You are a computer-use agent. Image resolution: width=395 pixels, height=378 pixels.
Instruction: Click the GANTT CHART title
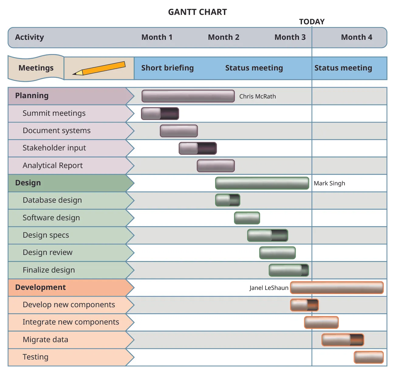point(197,12)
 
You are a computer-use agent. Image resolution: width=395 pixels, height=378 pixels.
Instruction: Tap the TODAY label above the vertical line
point(312,22)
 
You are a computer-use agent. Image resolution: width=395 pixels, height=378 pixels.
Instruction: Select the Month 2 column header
point(224,37)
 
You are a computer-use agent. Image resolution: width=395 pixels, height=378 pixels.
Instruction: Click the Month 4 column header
point(356,37)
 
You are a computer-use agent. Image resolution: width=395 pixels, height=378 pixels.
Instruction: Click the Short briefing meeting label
point(167,68)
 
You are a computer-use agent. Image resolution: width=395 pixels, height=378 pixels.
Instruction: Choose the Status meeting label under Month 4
point(343,68)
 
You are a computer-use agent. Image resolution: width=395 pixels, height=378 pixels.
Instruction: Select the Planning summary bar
point(188,96)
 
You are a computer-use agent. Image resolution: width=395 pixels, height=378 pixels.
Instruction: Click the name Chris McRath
point(257,96)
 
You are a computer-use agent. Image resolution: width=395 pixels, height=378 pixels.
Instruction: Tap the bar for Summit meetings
point(160,113)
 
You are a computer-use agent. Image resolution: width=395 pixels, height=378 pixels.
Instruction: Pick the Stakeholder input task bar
point(198,148)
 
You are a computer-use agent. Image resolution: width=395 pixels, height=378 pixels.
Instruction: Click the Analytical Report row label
point(53,165)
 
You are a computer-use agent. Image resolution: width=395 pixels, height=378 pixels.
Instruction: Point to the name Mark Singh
point(329,183)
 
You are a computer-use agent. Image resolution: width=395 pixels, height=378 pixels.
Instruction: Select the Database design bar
point(228,200)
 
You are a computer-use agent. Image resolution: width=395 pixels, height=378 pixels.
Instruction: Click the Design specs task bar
point(267,235)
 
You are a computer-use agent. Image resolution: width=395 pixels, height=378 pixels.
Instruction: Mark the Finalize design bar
point(289,270)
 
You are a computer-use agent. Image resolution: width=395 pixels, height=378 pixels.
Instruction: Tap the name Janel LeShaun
point(269,288)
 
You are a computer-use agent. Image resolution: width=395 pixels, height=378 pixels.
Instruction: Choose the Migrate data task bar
point(343,340)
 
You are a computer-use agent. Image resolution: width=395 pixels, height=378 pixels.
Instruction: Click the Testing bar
point(369,357)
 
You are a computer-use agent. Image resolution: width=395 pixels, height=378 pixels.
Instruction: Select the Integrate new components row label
point(71,322)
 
